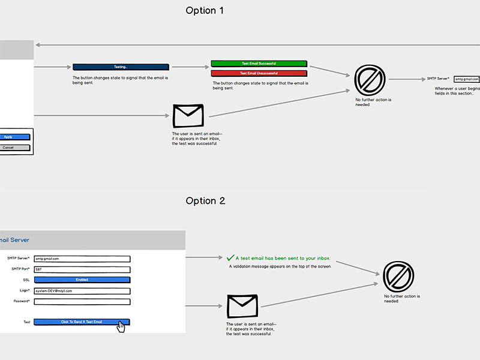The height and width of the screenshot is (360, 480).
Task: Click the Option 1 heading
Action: pyautogui.click(x=205, y=10)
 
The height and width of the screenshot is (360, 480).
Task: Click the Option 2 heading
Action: pyautogui.click(x=205, y=201)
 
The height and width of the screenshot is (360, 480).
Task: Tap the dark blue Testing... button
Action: pyautogui.click(x=121, y=67)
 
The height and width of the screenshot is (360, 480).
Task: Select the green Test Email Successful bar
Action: pyautogui.click(x=259, y=64)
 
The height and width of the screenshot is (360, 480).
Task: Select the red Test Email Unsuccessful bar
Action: pyautogui.click(x=259, y=73)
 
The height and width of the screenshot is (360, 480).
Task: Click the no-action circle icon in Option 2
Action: pyautogui.click(x=398, y=277)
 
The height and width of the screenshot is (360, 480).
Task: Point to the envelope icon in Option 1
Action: pyautogui.click(x=188, y=115)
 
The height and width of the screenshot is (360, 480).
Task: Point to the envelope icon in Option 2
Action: pyautogui.click(x=242, y=306)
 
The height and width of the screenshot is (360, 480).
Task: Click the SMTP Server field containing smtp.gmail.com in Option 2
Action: pyautogui.click(x=82, y=259)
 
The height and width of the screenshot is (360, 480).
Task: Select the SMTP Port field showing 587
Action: pyautogui.click(x=82, y=269)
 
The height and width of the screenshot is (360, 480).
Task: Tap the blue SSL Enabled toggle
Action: pyautogui.click(x=82, y=280)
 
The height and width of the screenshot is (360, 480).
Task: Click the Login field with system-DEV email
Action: pyautogui.click(x=82, y=291)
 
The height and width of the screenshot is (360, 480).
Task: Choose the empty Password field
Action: pyautogui.click(x=82, y=301)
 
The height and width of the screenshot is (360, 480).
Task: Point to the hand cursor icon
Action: pyautogui.click(x=121, y=327)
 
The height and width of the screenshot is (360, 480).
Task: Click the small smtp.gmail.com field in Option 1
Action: pyautogui.click(x=467, y=79)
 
